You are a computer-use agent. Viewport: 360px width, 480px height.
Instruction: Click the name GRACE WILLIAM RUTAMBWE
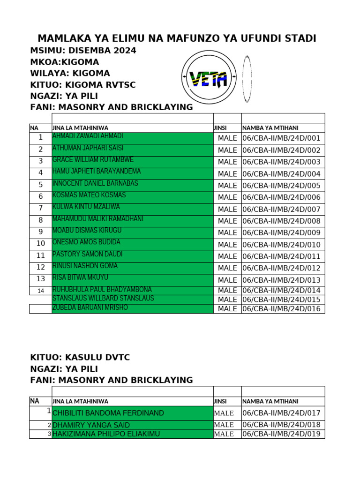point(93,159)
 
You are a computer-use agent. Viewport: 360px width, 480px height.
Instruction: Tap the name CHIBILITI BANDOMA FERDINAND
point(108,413)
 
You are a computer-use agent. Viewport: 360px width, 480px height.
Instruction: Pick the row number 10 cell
point(41,244)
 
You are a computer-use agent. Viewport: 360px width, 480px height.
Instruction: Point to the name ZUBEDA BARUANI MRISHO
point(90,308)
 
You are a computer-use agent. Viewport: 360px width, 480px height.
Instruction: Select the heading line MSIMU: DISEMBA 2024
point(83,51)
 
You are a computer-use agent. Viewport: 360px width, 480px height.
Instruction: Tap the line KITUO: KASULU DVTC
point(80,358)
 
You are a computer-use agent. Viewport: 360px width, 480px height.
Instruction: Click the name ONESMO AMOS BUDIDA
point(86,242)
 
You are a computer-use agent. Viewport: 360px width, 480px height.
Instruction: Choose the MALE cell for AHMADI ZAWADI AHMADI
point(227,138)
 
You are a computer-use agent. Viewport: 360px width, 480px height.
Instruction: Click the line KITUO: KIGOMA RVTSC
point(83,84)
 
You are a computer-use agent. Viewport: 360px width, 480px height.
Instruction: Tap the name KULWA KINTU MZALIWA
point(86,207)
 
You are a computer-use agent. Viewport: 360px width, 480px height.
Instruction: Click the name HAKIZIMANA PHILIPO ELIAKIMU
point(106,434)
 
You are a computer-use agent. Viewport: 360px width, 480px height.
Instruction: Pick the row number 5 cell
point(41,185)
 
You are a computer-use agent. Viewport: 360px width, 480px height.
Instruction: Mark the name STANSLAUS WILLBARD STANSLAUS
point(103,299)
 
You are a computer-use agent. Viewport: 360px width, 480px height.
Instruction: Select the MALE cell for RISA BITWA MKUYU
point(227,280)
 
